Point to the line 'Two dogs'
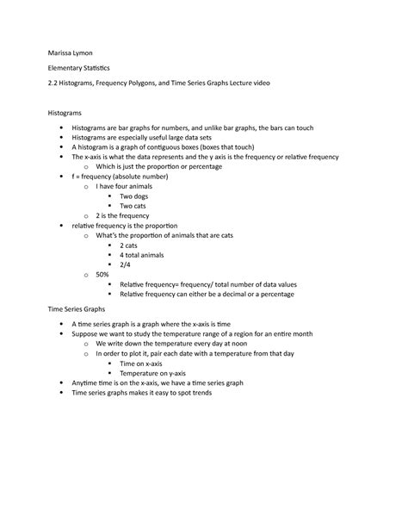[x=133, y=196]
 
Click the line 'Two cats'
[x=133, y=206]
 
